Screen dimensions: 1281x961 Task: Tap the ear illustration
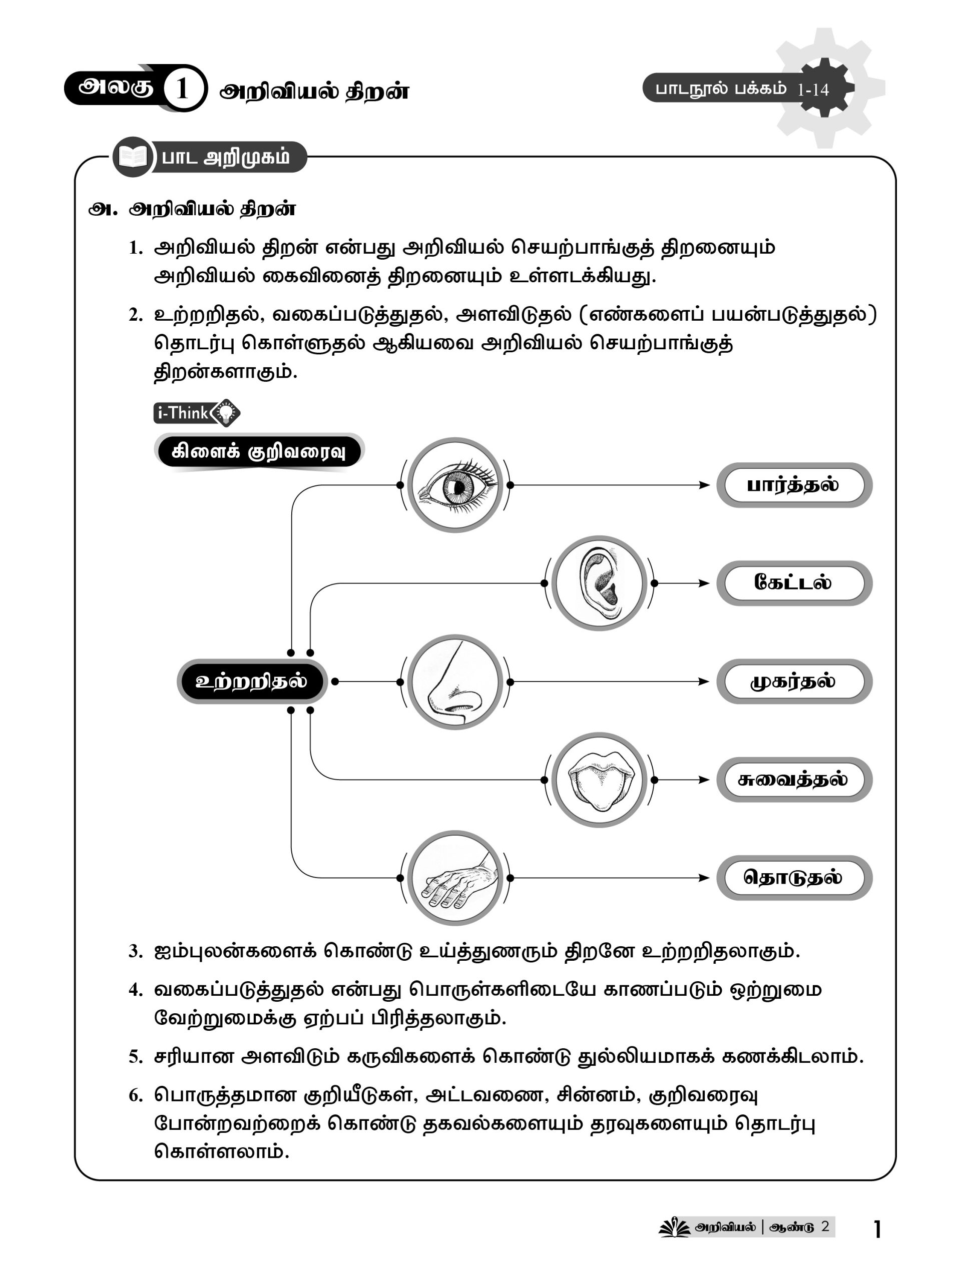599,582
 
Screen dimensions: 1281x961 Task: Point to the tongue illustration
599,780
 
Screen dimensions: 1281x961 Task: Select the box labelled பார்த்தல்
794,485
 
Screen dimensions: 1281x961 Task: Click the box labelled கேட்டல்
794,582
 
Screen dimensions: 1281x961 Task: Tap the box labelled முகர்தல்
794,682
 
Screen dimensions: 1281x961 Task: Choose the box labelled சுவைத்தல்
794,780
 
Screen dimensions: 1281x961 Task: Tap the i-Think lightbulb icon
225,412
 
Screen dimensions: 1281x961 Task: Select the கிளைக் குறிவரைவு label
258,452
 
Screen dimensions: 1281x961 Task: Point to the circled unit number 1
183,89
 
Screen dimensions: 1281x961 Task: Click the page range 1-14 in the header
813,90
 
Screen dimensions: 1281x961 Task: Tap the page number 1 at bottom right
877,1229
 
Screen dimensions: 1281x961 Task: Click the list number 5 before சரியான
135,1057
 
